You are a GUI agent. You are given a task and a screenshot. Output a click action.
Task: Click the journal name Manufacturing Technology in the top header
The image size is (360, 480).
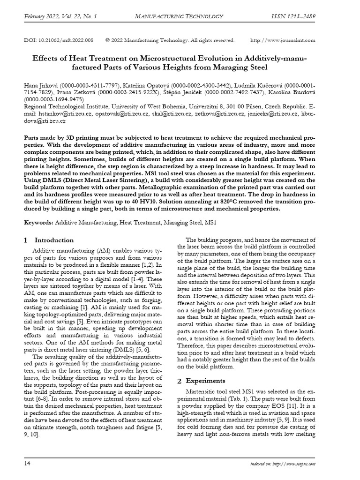tap(179, 17)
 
